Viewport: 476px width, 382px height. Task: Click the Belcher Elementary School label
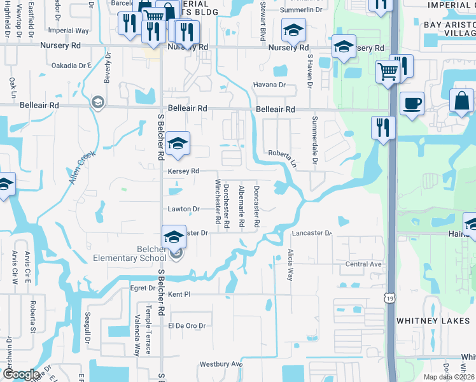click(138, 253)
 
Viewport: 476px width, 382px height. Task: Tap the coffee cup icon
click(412, 103)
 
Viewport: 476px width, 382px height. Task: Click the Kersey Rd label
click(183, 171)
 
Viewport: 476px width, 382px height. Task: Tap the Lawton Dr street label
click(184, 209)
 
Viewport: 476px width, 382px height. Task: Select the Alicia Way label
click(291, 265)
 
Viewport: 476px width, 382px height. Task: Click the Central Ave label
click(363, 264)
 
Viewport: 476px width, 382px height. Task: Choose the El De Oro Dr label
click(186, 325)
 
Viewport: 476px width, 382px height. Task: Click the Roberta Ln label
click(283, 157)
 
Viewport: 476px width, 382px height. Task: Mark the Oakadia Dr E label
click(72, 65)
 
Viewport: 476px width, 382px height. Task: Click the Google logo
click(20, 374)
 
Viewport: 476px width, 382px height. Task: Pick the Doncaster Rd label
click(256, 207)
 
